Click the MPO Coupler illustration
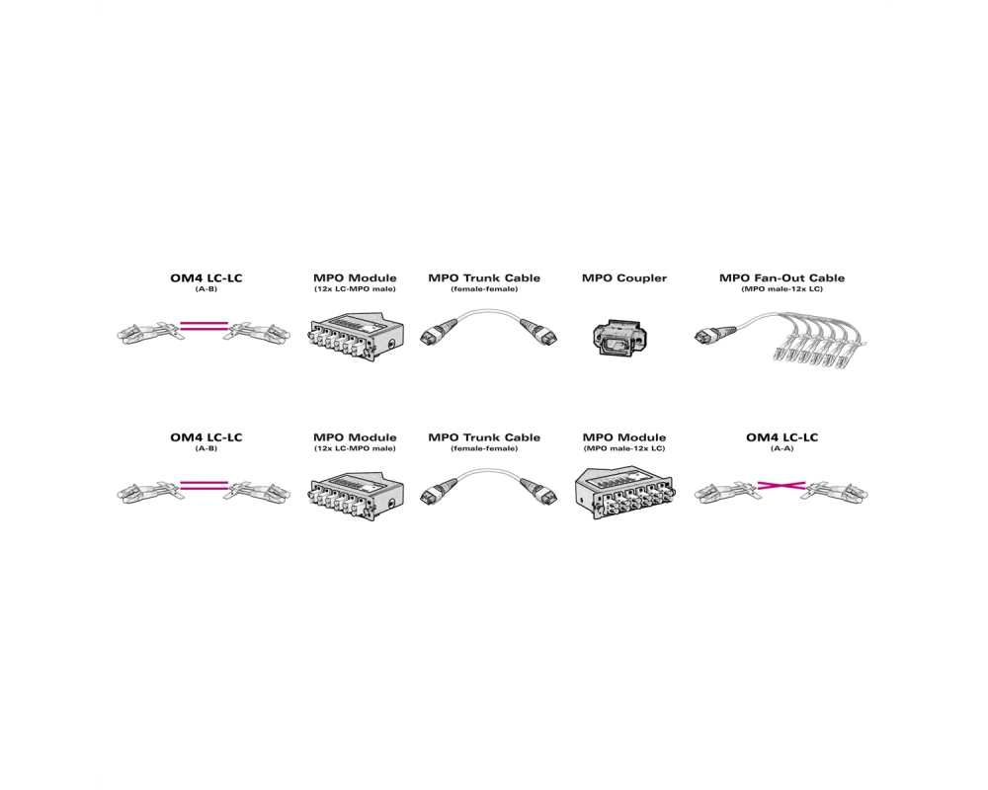click(619, 336)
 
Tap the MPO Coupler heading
click(623, 277)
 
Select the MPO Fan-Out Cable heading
click(782, 277)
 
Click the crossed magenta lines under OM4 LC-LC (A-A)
click(782, 485)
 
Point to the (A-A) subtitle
click(782, 448)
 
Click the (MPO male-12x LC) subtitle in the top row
click(782, 289)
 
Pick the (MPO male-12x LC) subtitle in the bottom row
click(623, 448)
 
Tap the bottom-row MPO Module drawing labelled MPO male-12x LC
click(623, 494)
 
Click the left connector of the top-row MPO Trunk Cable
click(436, 332)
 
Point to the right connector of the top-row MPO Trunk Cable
click(539, 332)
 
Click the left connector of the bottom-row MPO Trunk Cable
click(436, 492)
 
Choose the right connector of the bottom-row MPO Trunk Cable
click(539, 492)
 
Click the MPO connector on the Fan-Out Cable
click(714, 335)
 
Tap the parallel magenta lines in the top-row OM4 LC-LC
click(204, 326)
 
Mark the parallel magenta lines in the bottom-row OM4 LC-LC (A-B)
click(204, 485)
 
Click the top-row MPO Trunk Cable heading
click(484, 277)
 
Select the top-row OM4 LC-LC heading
click(206, 277)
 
